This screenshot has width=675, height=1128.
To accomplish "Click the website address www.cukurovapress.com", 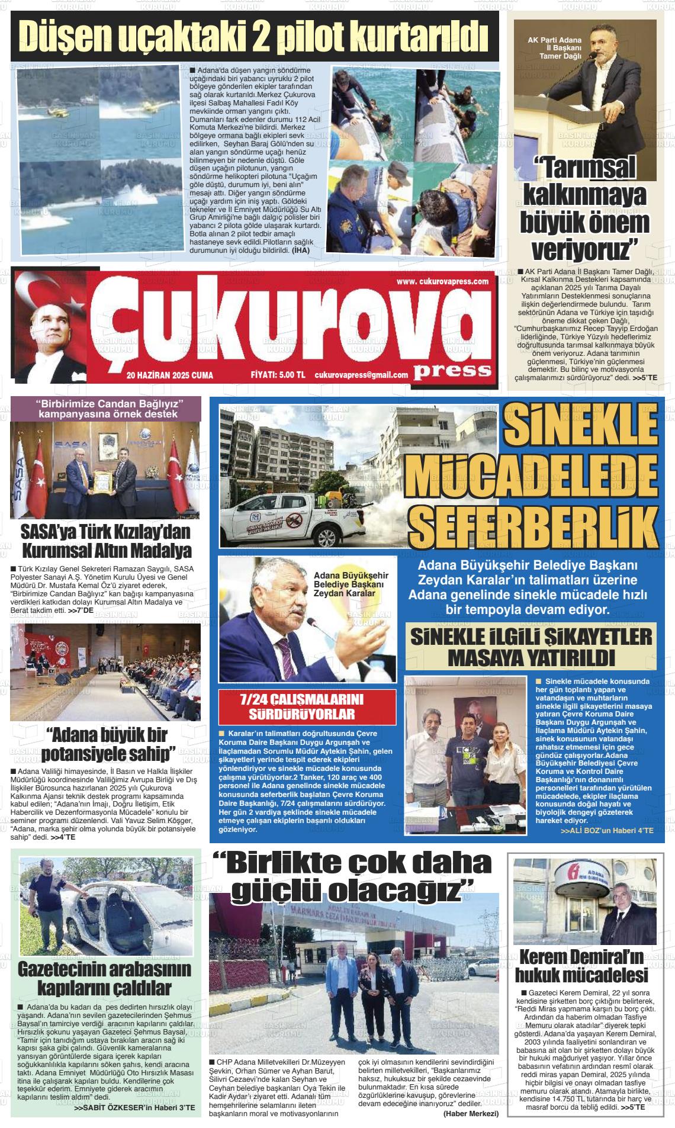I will tap(442, 281).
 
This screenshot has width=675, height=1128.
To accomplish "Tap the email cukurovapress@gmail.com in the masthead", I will tap(361, 375).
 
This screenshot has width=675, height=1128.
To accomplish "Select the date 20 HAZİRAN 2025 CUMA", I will tap(169, 375).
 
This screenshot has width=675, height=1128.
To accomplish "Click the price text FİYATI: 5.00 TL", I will tap(278, 375).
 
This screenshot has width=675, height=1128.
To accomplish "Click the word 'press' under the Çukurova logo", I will tap(453, 370).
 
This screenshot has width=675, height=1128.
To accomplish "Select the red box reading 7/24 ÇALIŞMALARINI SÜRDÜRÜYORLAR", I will tap(306, 706).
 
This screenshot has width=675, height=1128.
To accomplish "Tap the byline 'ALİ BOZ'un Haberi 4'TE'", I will tap(607, 831).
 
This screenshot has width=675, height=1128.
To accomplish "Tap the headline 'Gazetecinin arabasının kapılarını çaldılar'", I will tap(105, 978).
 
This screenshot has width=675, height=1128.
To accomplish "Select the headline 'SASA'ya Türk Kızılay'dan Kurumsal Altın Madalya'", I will tap(107, 540).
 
